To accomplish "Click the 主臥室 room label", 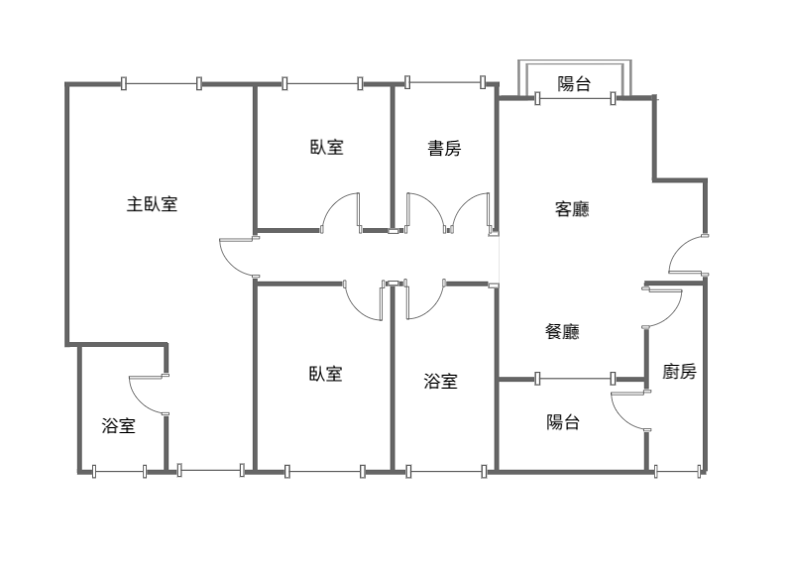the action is tap(152, 204).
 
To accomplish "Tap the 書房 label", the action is tap(444, 148).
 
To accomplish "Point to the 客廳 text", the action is tap(572, 208).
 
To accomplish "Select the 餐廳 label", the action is tap(562, 331).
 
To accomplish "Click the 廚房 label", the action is tap(679, 372).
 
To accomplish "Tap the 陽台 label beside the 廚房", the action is tap(563, 422).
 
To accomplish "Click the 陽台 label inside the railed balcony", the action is tap(574, 83).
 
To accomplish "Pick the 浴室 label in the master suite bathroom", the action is tap(118, 425).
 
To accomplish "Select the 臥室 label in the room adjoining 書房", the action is tap(326, 147).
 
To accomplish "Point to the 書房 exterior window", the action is tap(445, 82).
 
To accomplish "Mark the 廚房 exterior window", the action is tap(678, 472).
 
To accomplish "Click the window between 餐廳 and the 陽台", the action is tap(575, 378).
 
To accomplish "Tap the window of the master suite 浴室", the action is tap(119, 472).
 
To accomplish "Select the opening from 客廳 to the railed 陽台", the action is tap(575, 98).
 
